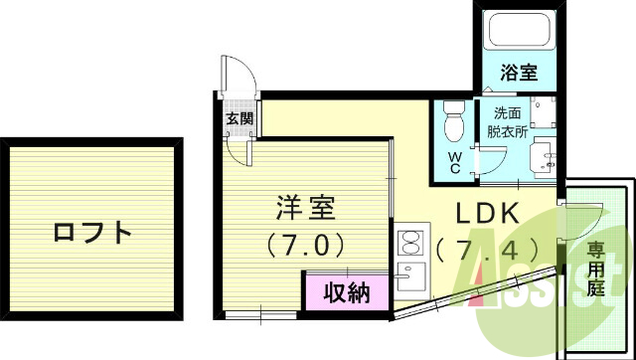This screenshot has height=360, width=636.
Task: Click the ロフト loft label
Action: coord(91,234)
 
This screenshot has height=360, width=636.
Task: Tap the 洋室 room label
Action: coord(305,209)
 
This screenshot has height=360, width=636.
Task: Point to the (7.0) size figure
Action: coord(305,243)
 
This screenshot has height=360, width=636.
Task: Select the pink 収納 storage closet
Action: coord(346,292)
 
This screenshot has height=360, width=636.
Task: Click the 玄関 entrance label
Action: coord(238,119)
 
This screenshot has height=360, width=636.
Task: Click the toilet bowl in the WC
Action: coord(454,125)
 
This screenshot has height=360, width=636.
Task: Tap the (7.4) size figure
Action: coord(487,247)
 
